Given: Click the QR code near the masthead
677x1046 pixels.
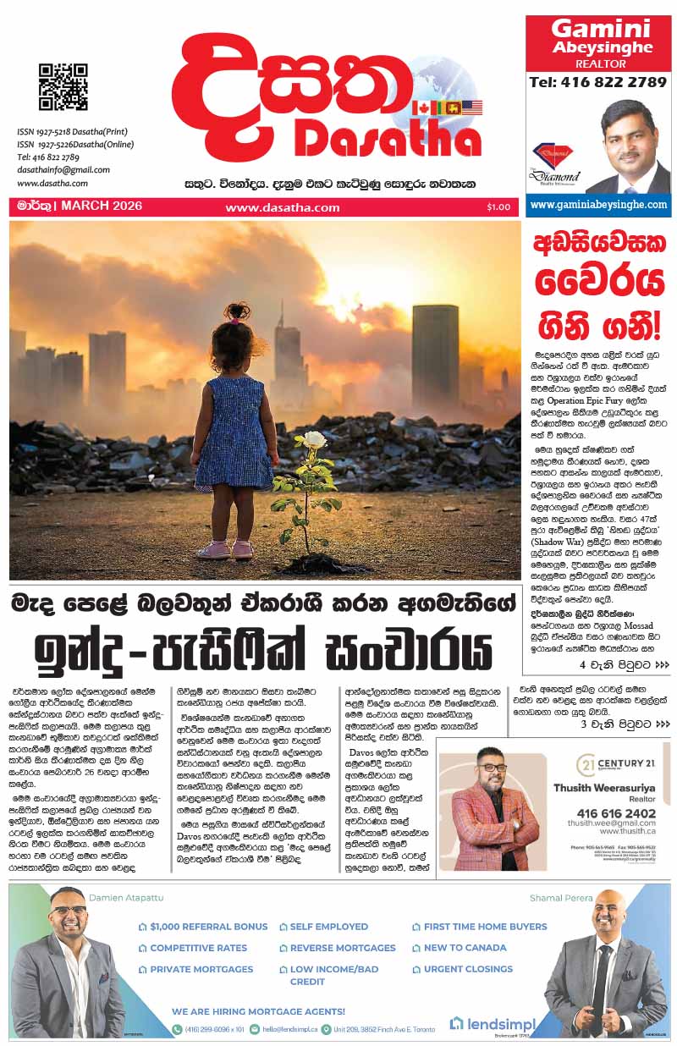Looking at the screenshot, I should [x=63, y=86].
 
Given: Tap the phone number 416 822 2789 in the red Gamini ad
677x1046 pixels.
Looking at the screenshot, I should [x=597, y=82].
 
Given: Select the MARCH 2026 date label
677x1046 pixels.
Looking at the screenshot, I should [x=101, y=206].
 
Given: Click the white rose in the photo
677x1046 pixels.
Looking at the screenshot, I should [x=314, y=439].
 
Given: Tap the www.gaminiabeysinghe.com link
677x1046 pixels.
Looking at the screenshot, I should [x=597, y=205].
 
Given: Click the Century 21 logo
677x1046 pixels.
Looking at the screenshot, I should [x=611, y=765].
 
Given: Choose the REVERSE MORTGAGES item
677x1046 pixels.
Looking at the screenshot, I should [x=343, y=948].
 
